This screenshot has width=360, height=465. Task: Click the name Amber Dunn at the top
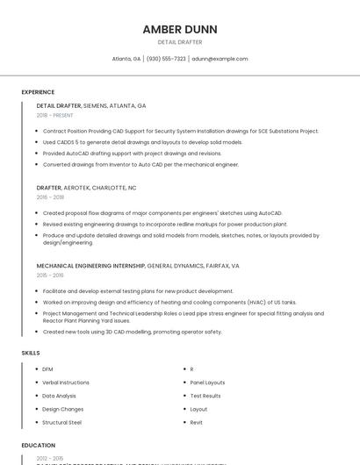click(180, 29)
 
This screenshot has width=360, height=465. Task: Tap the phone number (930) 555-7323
click(166, 59)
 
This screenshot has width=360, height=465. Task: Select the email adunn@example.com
click(220, 59)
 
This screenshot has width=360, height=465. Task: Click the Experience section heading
click(38, 91)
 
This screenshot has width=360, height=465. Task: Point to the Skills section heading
click(31, 352)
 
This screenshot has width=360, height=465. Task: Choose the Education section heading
click(39, 445)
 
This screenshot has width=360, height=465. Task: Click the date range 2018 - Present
click(55, 115)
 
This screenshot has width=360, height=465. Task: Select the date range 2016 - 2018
click(50, 197)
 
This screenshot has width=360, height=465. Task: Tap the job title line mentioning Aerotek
click(86, 188)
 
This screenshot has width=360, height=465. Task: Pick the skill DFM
click(47, 369)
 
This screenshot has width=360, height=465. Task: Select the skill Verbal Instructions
click(66, 383)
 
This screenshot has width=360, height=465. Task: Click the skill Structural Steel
click(62, 422)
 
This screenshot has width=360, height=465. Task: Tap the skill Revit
click(197, 422)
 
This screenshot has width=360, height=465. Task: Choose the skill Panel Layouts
click(207, 383)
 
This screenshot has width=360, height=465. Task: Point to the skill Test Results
click(205, 396)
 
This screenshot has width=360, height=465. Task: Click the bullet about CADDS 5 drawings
click(142, 142)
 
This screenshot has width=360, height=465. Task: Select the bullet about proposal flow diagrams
click(162, 213)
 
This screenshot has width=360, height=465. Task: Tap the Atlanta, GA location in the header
click(126, 59)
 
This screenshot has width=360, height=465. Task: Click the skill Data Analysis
click(60, 396)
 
